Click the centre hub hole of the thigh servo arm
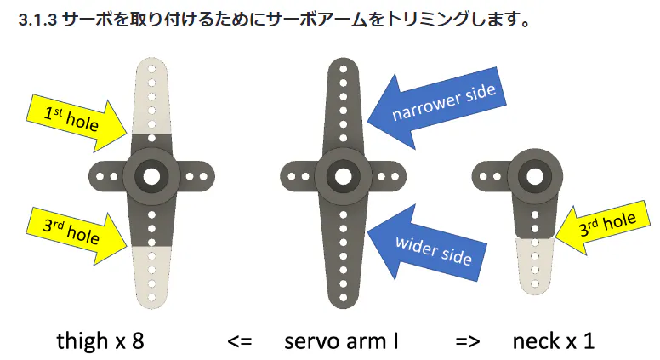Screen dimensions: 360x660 (x=151, y=176)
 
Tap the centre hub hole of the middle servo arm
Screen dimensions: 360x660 (x=344, y=176)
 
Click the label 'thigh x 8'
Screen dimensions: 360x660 (x=100, y=341)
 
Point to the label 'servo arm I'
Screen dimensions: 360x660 (x=342, y=341)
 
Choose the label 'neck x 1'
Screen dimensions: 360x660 (x=553, y=341)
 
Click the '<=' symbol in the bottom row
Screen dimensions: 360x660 (x=240, y=341)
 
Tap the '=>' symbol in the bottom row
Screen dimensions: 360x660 (x=468, y=341)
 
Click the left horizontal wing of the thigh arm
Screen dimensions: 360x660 (x=105, y=176)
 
